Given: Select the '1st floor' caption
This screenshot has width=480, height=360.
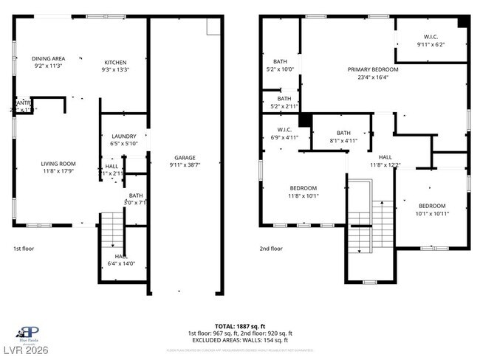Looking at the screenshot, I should click(24, 249).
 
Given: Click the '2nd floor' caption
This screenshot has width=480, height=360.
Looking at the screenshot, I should click(271, 249).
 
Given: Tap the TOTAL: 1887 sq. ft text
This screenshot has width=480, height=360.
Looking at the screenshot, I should click(240, 325).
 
